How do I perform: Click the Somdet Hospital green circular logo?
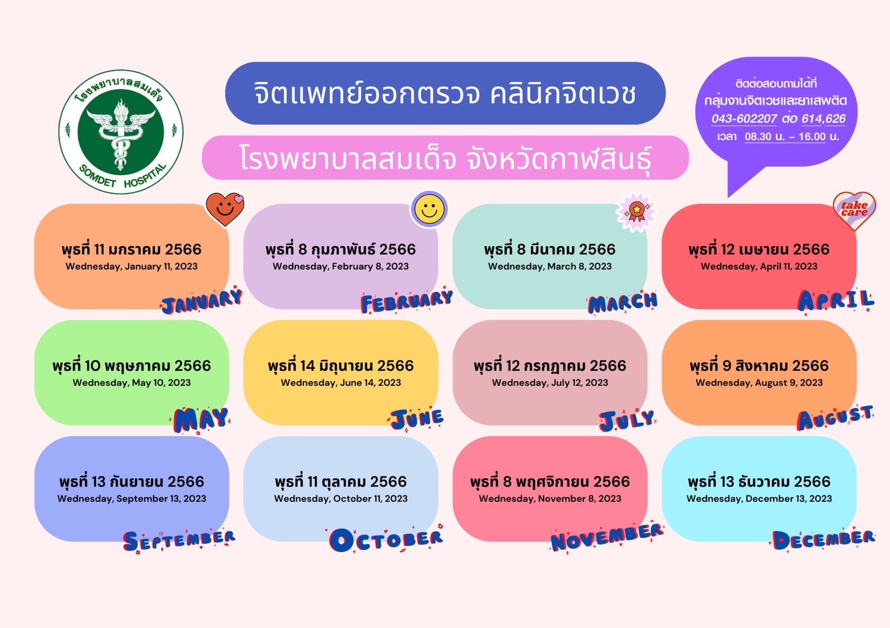pyautogui.click(x=121, y=132)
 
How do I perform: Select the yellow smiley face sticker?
pyautogui.click(x=429, y=209)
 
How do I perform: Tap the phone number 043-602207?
pyautogui.click(x=744, y=118)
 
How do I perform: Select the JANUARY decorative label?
pyautogui.click(x=202, y=302)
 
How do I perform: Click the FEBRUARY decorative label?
pyautogui.click(x=407, y=302)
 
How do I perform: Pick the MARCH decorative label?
pyautogui.click(x=622, y=303)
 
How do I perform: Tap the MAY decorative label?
pyautogui.click(x=200, y=420)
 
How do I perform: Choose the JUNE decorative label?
pyautogui.click(x=417, y=419)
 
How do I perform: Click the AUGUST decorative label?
pyautogui.click(x=835, y=418)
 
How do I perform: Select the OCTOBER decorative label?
pyautogui.click(x=386, y=539)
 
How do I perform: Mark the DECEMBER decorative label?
pyautogui.click(x=823, y=540)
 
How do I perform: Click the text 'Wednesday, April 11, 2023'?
pyautogui.click(x=759, y=266)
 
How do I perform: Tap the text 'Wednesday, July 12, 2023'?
pyautogui.click(x=550, y=382)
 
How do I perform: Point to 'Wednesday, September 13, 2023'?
pyautogui.click(x=131, y=498)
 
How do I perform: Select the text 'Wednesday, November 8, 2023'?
pyautogui.click(x=550, y=498)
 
